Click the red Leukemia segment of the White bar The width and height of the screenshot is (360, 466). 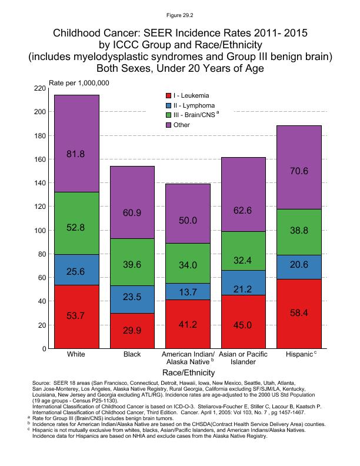coord(76,317)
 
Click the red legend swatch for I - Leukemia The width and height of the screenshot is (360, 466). coord(169,95)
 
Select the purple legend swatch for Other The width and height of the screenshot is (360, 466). coord(169,125)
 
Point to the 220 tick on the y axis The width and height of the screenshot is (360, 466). coord(39,88)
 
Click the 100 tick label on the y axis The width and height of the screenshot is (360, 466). coord(39,231)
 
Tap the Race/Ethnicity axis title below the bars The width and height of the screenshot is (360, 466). coord(189,372)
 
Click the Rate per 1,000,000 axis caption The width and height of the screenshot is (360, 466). coord(79,83)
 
